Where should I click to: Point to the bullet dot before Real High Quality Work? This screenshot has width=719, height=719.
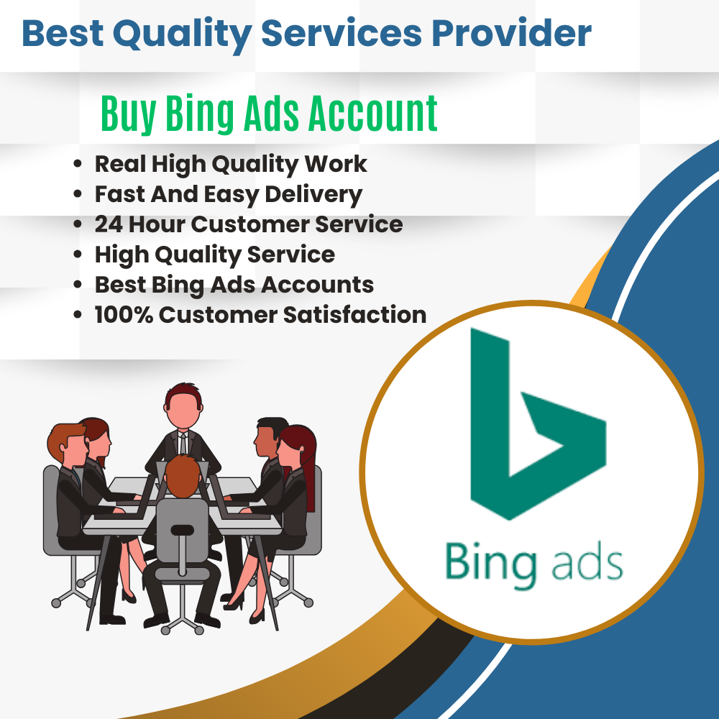78,165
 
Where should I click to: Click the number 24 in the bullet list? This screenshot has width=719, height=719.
109,224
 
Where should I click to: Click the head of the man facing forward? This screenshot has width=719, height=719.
179,406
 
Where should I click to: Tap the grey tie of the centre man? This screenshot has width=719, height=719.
183,441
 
